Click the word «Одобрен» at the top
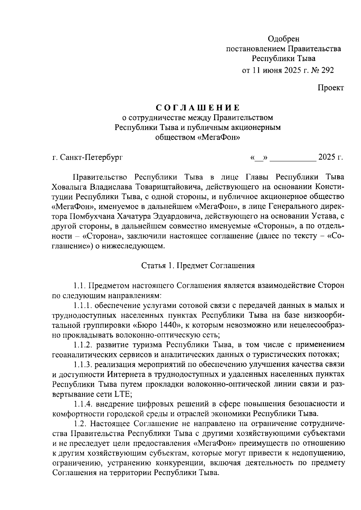click(x=283, y=39)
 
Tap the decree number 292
click(x=327, y=70)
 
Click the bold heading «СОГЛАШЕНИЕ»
click(x=198, y=108)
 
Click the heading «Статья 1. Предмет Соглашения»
click(x=198, y=266)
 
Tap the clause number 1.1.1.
click(x=83, y=305)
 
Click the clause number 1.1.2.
click(x=83, y=344)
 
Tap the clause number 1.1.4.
click(x=83, y=404)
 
